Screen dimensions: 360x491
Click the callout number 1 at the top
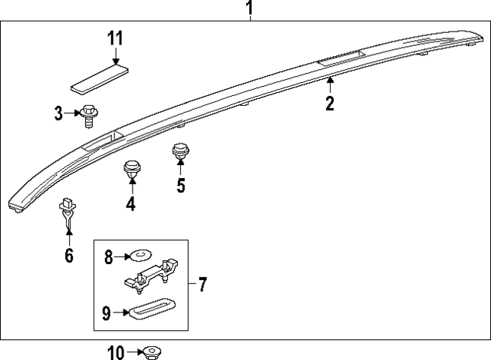[249, 9]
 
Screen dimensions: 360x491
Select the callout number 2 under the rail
[330, 103]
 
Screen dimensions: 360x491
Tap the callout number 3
[58, 114]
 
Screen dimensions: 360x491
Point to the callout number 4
[130, 203]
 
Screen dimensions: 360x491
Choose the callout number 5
[181, 185]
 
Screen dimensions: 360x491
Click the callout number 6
[69, 255]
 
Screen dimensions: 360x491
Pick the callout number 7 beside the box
[202, 286]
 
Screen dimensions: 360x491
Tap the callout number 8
[108, 257]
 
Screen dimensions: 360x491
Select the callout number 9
[107, 312]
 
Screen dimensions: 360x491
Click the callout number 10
[116, 352]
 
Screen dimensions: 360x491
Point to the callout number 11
[115, 38]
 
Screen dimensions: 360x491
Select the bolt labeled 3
[88, 116]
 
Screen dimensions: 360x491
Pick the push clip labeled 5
[181, 153]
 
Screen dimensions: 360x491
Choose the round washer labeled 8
[141, 254]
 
